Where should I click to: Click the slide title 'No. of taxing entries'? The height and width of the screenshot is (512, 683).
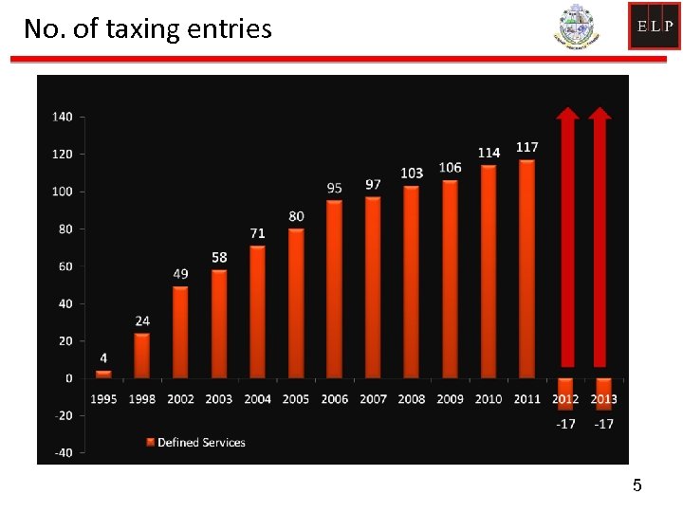147,29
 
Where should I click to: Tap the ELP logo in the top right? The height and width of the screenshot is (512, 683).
654,26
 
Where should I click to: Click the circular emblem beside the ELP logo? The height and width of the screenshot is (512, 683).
577,27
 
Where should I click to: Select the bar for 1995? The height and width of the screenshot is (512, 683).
103,374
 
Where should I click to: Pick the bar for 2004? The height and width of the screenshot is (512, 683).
257,312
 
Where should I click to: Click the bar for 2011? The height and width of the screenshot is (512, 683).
526,268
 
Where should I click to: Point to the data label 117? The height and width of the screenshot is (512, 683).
527,147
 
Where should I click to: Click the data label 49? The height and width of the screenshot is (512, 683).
180,274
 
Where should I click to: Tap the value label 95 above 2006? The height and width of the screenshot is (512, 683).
334,188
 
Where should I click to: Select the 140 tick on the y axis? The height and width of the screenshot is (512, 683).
62,117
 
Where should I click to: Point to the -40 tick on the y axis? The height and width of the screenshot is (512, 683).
62,452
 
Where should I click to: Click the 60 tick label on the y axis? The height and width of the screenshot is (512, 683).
65,266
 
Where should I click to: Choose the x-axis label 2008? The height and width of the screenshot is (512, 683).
412,399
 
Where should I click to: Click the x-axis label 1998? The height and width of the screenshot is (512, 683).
142,399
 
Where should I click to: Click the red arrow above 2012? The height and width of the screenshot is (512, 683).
566,237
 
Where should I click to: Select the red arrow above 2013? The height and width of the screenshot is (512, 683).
600,237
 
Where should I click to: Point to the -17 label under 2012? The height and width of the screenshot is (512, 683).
565,424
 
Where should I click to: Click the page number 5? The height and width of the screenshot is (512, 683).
637,485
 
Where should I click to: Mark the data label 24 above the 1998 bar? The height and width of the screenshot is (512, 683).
142,321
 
